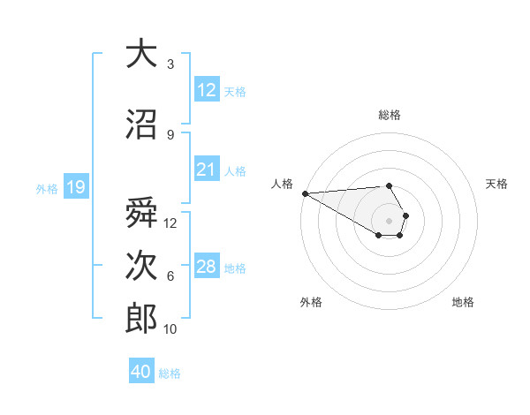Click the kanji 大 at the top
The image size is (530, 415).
140,54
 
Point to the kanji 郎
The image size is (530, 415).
140,319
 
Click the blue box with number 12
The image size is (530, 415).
206,90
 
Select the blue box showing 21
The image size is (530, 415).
206,170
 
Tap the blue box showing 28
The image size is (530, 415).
206,267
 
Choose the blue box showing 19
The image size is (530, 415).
75,187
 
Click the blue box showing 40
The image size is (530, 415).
141,372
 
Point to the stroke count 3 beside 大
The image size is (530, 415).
170,64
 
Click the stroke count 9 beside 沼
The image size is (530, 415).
170,134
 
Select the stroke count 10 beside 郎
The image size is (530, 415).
170,329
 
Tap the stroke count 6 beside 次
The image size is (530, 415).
170,276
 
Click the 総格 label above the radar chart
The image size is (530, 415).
389,115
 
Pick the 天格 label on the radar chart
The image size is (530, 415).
496,184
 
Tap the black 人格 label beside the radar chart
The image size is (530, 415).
282,184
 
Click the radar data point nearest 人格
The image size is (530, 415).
304,193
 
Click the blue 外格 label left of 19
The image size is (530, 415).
46,188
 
